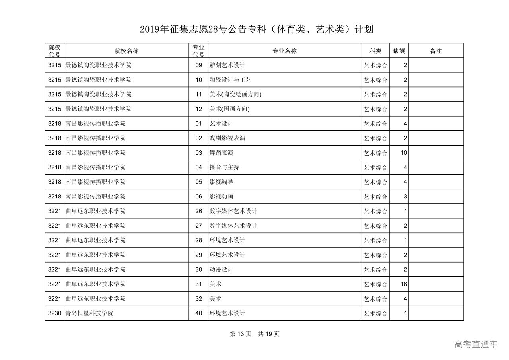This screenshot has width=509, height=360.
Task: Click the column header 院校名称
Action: (x=126, y=51)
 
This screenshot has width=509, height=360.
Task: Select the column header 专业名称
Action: (x=284, y=51)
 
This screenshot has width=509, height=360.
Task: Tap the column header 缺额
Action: (x=399, y=51)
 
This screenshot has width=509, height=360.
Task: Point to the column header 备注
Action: (x=436, y=51)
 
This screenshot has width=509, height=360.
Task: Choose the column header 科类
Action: (x=375, y=51)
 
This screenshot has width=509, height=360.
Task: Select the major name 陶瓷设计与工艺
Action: (x=230, y=80)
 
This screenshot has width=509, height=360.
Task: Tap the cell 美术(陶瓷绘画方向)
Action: (x=235, y=94)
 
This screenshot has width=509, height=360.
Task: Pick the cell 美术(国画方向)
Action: (x=229, y=109)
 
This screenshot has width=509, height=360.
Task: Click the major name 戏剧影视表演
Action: (x=227, y=138)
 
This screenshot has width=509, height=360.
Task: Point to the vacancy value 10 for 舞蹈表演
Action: (x=404, y=153)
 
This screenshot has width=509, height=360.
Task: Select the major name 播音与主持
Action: (x=224, y=167)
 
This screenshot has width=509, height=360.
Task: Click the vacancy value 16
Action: (x=404, y=284)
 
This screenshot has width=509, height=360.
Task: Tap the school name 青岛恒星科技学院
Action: (x=89, y=313)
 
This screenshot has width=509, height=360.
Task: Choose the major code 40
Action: (x=199, y=313)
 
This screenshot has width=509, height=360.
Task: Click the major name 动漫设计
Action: (x=221, y=270)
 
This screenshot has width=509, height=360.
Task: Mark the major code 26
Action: (x=199, y=211)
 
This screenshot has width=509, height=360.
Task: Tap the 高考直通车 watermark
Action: (x=476, y=344)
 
